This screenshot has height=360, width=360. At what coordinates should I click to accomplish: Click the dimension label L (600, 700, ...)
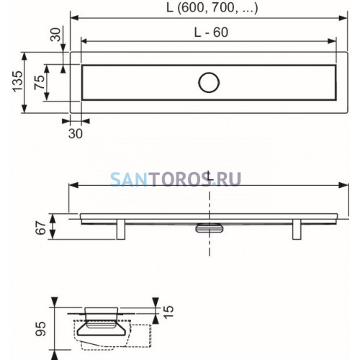(212, 8)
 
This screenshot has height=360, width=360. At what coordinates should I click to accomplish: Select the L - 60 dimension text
(211, 32)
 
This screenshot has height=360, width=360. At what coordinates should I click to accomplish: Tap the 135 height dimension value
(18, 81)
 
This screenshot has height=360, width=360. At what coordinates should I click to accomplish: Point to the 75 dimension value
(40, 82)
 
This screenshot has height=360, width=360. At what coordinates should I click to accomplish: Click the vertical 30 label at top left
(55, 35)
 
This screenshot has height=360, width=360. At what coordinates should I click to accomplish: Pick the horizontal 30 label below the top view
(76, 134)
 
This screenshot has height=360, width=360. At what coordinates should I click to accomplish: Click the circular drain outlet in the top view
(209, 83)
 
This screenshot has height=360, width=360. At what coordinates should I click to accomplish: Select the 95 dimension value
(40, 329)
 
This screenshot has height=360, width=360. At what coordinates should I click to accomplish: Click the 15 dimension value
(168, 312)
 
